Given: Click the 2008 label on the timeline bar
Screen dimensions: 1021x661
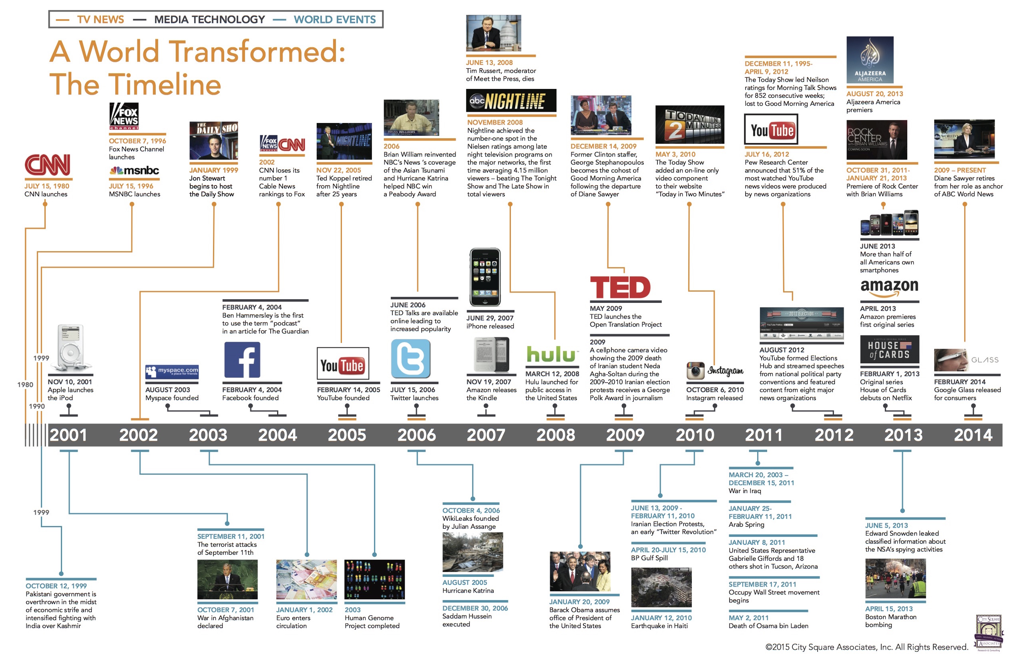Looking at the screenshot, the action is [556, 435].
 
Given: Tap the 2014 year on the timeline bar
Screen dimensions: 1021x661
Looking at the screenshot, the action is [973, 435].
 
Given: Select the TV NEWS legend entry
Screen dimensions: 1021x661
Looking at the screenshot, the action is [100, 19].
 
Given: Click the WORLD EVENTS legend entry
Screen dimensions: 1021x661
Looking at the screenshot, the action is [335, 19].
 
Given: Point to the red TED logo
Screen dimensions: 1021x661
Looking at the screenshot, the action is [620, 287].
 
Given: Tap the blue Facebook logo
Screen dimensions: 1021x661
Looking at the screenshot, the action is [242, 360].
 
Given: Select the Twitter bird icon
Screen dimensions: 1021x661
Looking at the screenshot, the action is [410, 359].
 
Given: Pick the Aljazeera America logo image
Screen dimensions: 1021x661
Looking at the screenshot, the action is [870, 60].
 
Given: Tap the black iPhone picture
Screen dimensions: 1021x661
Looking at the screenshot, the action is [485, 277].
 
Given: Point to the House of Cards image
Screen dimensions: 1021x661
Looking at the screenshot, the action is [889, 349].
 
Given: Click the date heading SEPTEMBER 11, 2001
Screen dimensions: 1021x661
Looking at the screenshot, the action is [231, 536].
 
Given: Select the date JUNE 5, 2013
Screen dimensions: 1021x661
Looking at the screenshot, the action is [886, 525].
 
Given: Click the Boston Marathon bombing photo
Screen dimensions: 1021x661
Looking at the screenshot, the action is [895, 578].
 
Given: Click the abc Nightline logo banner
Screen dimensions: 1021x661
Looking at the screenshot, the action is [511, 101].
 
